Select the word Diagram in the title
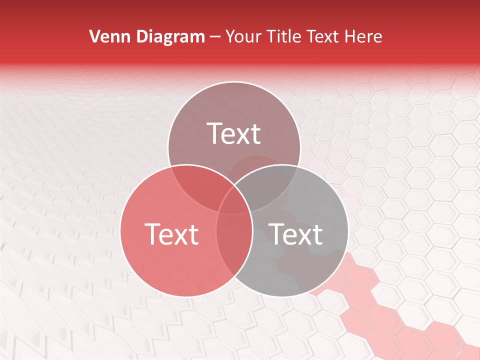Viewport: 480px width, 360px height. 170,36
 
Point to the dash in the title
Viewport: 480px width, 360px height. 215,37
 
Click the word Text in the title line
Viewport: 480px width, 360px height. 326,36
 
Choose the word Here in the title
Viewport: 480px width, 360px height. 365,36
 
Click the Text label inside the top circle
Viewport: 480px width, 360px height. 234,133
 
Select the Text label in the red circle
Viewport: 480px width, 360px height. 171,233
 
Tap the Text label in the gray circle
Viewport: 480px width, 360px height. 295,233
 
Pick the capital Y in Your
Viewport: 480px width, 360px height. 230,36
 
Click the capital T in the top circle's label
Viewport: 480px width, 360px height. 215,133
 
